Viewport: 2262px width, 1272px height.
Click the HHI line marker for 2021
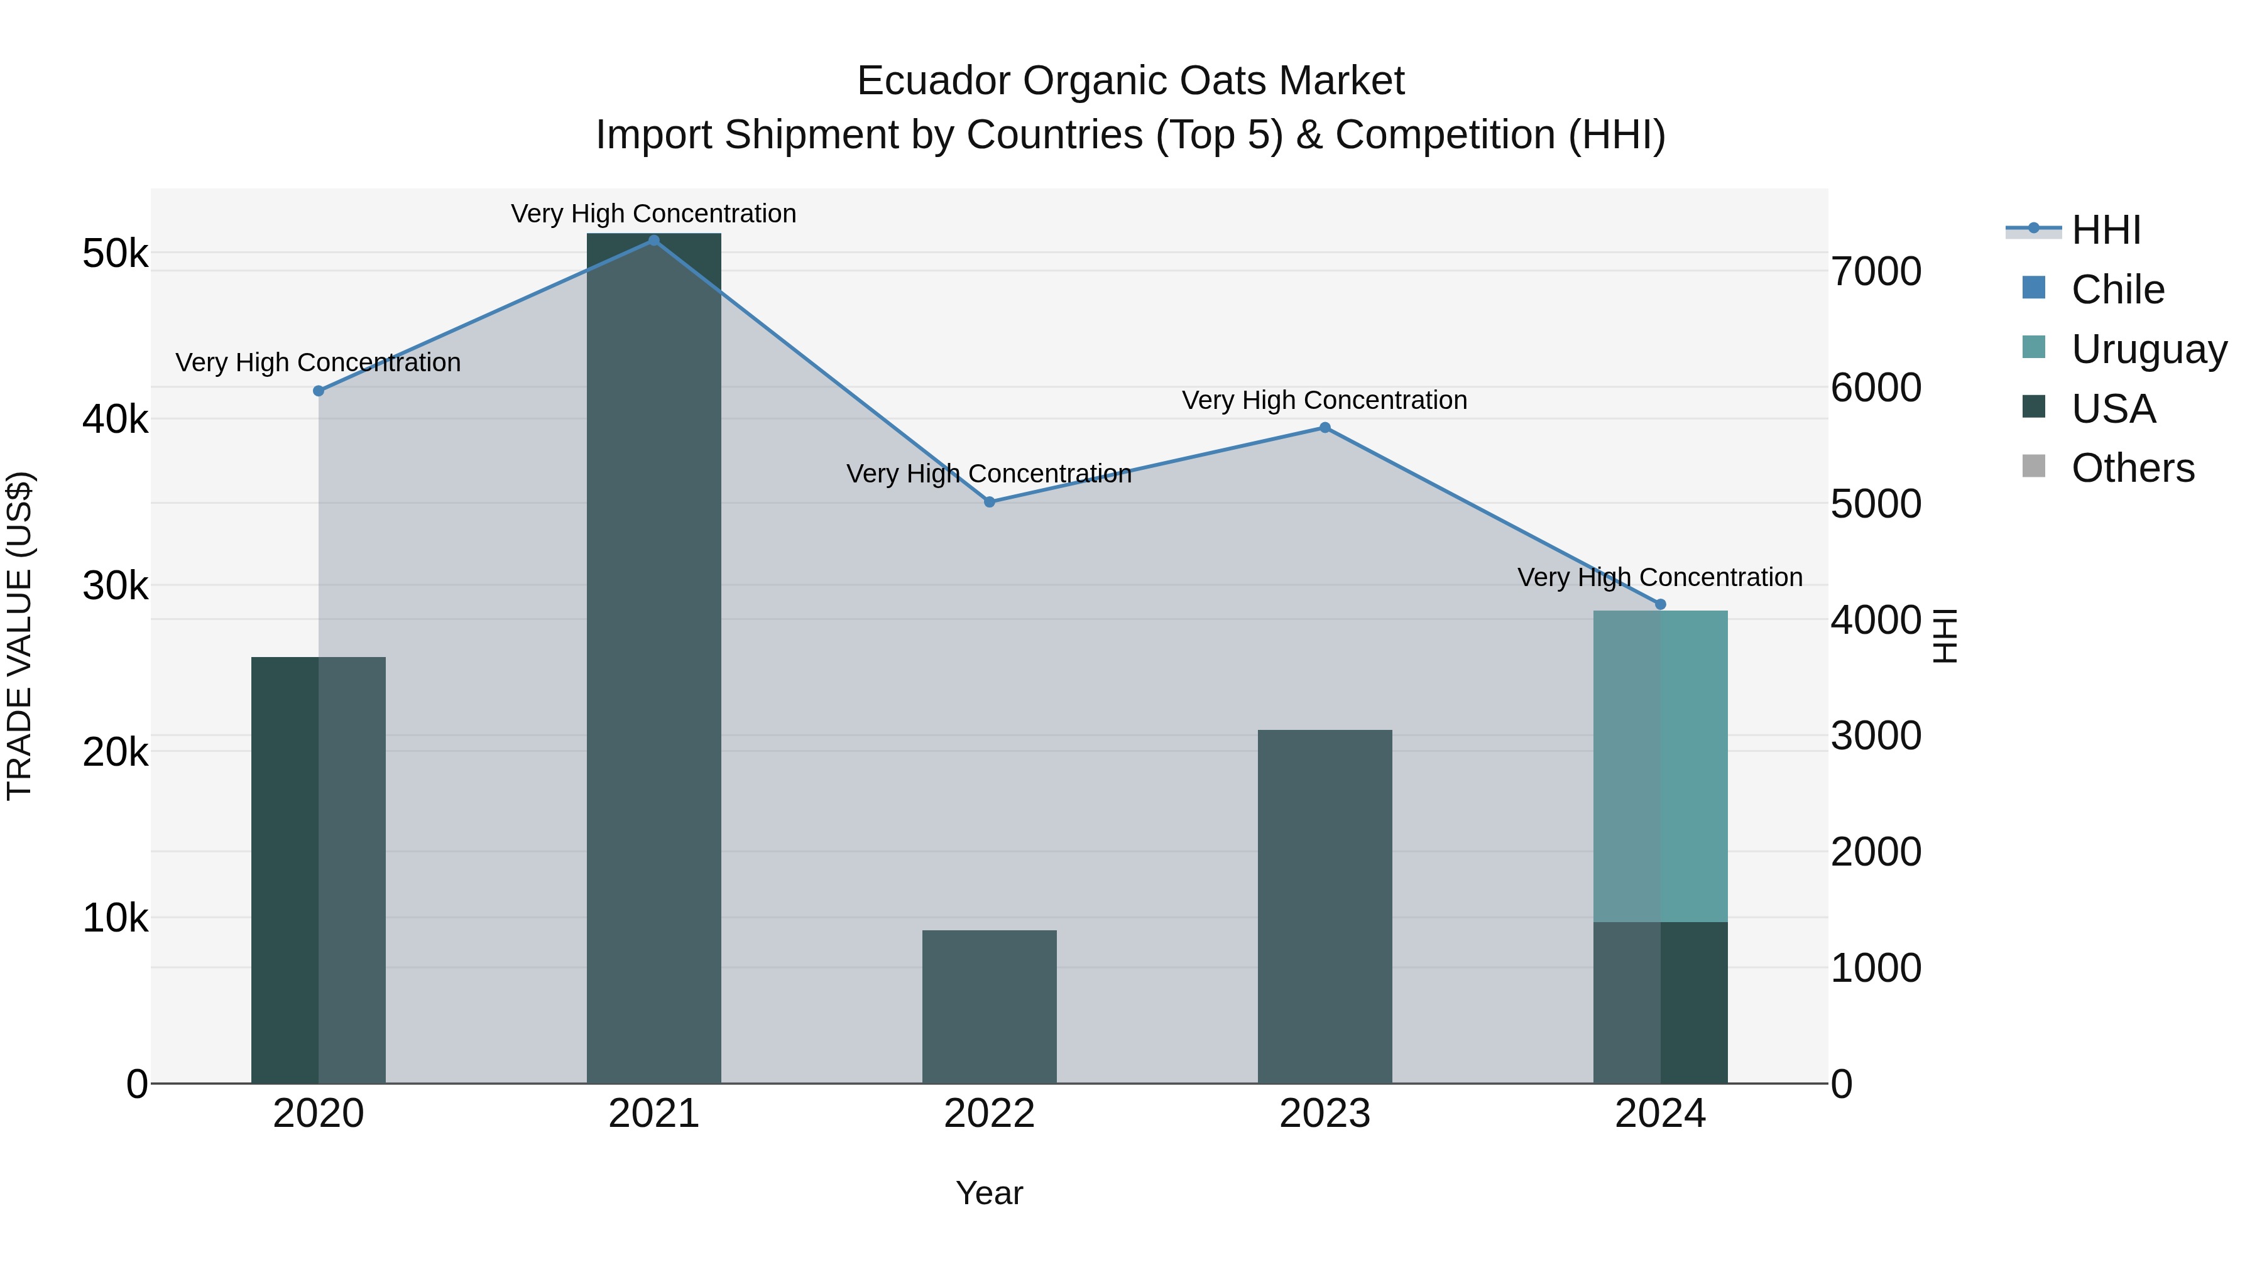pyautogui.click(x=653, y=240)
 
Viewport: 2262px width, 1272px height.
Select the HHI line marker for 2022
pyautogui.click(x=989, y=502)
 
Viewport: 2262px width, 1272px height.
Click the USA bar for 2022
pyautogui.click(x=989, y=1006)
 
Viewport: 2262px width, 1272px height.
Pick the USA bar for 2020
pyautogui.click(x=318, y=869)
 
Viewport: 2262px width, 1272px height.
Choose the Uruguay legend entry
pyautogui.click(x=2148, y=349)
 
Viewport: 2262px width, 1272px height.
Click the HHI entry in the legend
pyautogui.click(x=2106, y=230)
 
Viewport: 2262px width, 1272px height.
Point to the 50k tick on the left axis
pyautogui.click(x=115, y=254)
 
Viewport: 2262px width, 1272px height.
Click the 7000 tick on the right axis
pyautogui.click(x=1876, y=271)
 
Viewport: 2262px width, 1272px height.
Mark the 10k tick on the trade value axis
pyautogui.click(x=115, y=918)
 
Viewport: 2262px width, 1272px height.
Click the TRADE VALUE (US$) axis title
pyautogui.click(x=19, y=636)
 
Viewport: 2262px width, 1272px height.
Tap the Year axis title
pyautogui.click(x=989, y=1193)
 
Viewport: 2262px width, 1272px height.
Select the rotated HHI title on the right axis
pyautogui.click(x=1946, y=636)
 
